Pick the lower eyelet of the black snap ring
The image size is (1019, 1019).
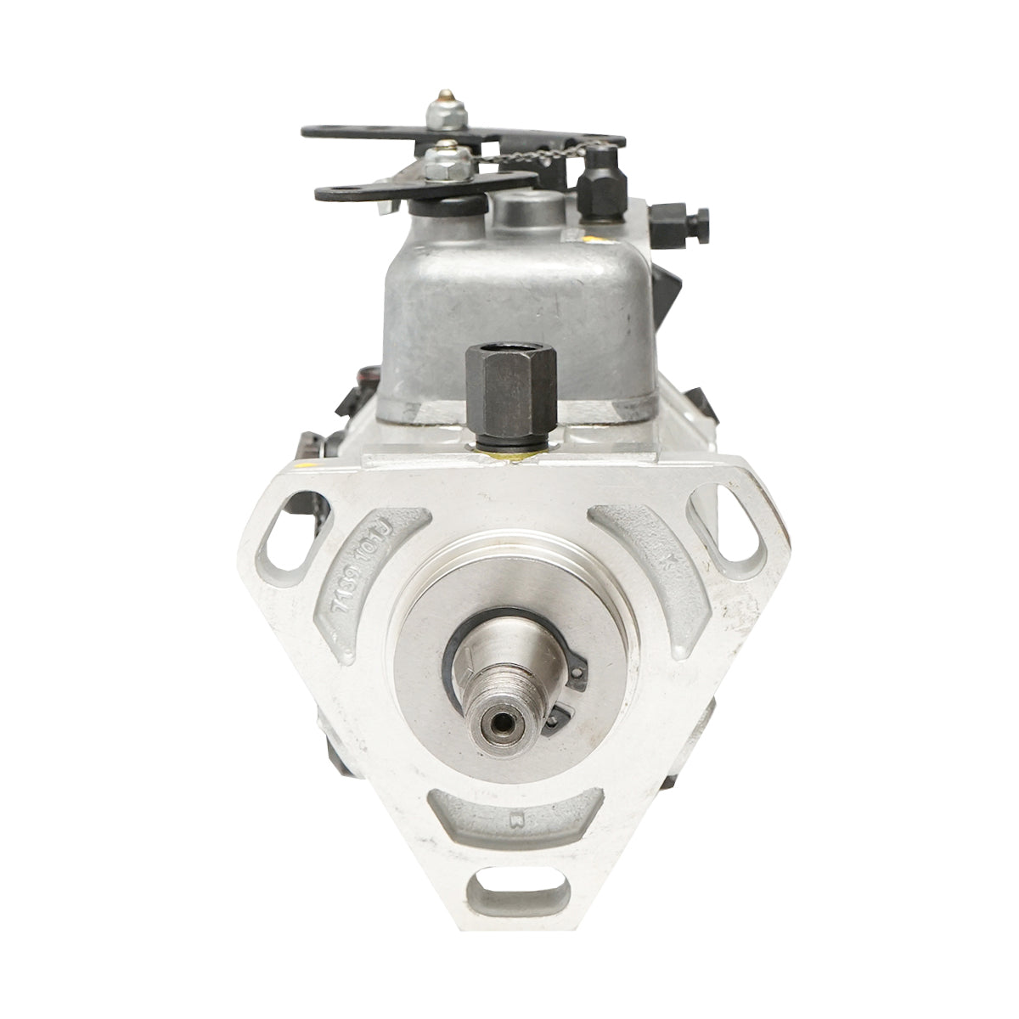pyautogui.click(x=554, y=718)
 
